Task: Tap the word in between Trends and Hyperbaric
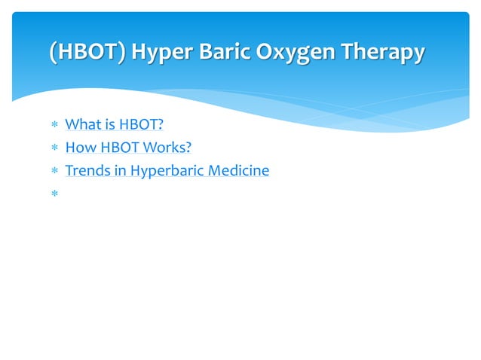120,171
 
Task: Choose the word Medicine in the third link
237,171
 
